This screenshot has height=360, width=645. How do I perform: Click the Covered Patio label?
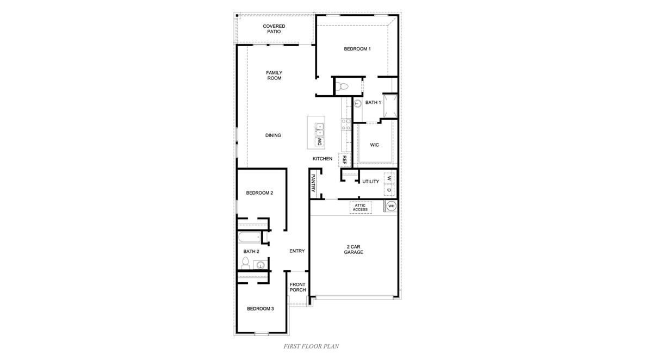coord(274,29)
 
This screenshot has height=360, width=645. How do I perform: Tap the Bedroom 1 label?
coord(357,49)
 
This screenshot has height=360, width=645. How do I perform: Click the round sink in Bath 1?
coord(358,103)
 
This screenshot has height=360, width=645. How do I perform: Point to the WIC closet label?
coord(374,145)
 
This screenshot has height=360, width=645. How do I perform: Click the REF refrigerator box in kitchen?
coord(344,160)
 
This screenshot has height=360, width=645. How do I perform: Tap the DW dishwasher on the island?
coord(319,142)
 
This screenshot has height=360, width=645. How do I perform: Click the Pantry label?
coord(313,183)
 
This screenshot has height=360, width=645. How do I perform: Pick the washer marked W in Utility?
coord(389,178)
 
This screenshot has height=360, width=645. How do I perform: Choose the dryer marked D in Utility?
coord(389,191)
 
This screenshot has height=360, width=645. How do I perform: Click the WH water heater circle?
coord(390,207)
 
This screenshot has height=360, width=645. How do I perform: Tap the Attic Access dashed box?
coord(360,207)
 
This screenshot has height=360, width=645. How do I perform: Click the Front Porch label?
coord(297,287)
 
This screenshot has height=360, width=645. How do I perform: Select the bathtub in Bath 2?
coord(250,238)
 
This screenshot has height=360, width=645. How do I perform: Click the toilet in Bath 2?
coord(245,263)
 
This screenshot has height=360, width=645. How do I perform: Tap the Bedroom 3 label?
coord(260,309)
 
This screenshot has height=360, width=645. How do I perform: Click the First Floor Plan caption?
coord(312,346)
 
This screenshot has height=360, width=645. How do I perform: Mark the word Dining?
coord(273,135)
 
